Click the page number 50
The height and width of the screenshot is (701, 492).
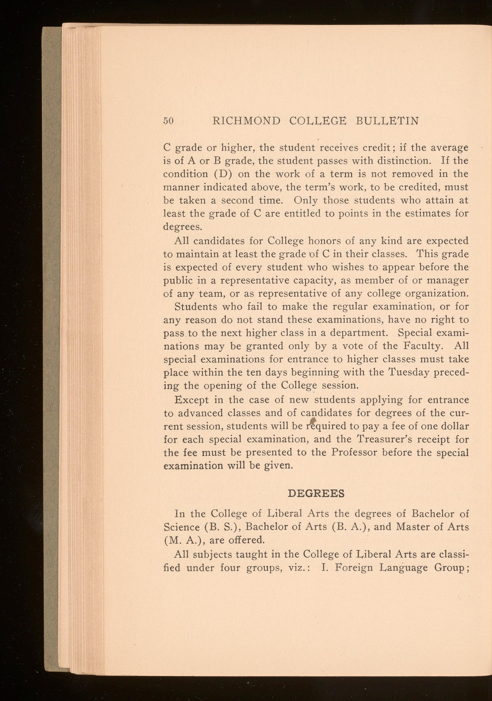[x=168, y=121]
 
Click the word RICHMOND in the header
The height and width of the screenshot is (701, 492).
[x=246, y=121]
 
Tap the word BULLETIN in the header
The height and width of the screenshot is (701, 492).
[x=387, y=121]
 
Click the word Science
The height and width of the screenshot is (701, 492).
[x=180, y=527]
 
